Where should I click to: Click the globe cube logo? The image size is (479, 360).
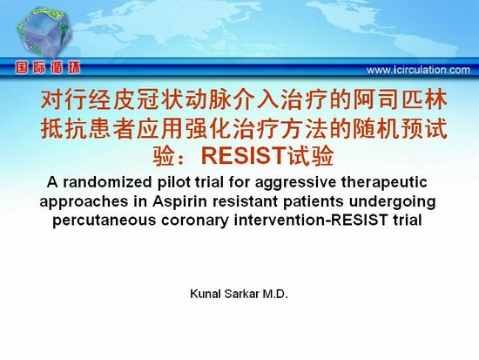click(44, 32)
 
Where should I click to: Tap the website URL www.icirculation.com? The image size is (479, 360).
click(418, 70)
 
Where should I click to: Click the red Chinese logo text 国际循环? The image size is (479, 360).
click(48, 68)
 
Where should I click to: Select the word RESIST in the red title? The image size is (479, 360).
click(243, 155)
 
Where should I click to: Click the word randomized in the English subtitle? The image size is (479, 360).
click(107, 182)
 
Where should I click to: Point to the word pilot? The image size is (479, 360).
click(172, 182)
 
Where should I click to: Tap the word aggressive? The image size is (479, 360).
click(295, 183)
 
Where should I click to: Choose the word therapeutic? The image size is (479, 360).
click(384, 182)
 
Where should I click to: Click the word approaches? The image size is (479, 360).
click(84, 202)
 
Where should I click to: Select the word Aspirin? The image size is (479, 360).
click(176, 202)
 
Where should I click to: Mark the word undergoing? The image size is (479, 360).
click(392, 202)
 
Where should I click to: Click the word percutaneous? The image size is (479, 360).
click(105, 221)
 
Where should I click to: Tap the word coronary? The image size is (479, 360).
click(195, 221)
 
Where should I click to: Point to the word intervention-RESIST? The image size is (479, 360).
click(311, 221)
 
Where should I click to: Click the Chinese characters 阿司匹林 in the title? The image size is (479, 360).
click(401, 100)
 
